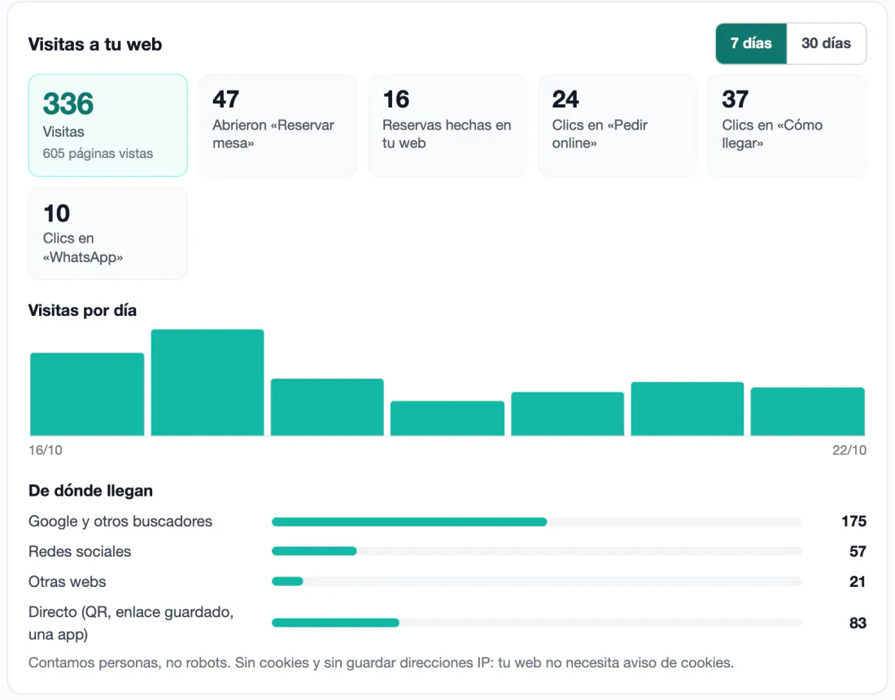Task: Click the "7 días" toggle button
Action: click(751, 43)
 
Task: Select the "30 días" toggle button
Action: click(826, 43)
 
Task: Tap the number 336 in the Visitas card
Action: click(68, 103)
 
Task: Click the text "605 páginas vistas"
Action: click(98, 154)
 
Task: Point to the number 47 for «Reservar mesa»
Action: click(226, 99)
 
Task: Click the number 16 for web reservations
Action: click(396, 99)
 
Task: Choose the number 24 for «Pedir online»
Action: click(565, 99)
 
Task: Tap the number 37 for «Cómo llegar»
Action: click(736, 99)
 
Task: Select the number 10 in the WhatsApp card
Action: click(56, 213)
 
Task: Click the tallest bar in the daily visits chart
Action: click(207, 383)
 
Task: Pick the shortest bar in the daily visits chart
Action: click(447, 418)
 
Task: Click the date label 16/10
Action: click(46, 450)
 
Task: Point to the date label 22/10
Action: click(849, 450)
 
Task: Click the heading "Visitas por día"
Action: click(83, 310)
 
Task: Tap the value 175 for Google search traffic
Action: click(854, 521)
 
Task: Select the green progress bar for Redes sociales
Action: click(315, 551)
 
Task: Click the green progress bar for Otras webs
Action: click(288, 581)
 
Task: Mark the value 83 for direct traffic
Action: click(858, 623)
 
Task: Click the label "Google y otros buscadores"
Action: click(120, 521)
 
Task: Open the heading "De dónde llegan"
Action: click(91, 491)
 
